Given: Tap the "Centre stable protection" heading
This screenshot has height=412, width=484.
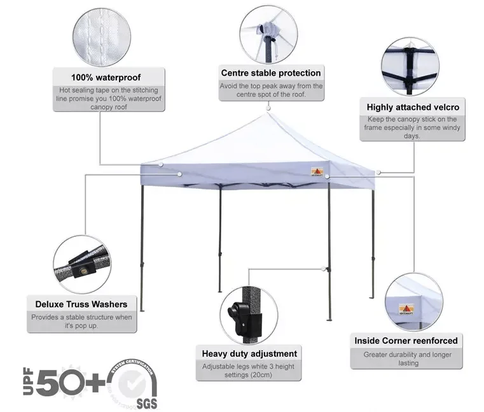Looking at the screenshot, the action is (x=271, y=73).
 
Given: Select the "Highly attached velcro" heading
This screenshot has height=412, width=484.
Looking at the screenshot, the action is (x=413, y=107).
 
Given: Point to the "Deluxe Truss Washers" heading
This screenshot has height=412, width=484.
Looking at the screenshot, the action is (x=81, y=304).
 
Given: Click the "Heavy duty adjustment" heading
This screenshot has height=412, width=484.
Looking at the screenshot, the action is (x=249, y=353).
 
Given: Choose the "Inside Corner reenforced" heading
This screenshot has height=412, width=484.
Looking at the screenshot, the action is (x=406, y=341).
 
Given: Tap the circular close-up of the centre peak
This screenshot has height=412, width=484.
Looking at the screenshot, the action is (x=270, y=31).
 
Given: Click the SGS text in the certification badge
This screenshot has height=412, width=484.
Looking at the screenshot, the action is (x=145, y=403).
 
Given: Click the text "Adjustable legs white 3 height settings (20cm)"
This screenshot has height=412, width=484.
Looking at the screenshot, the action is (x=249, y=371).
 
